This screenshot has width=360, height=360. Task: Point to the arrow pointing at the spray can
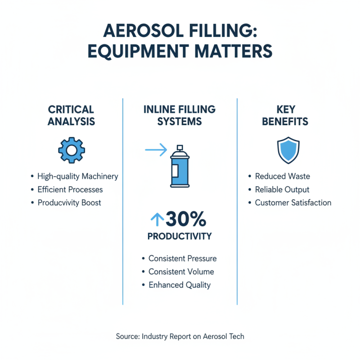pos(156,150)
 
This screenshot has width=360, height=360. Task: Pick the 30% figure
pos(186,219)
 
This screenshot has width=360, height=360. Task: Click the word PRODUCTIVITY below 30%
pos(180,236)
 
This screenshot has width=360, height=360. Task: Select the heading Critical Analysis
pos(72,115)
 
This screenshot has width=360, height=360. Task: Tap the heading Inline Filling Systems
pos(180,115)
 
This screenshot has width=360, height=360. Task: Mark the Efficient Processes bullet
pos(71,189)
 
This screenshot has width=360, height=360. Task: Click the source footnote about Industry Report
pos(180,336)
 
